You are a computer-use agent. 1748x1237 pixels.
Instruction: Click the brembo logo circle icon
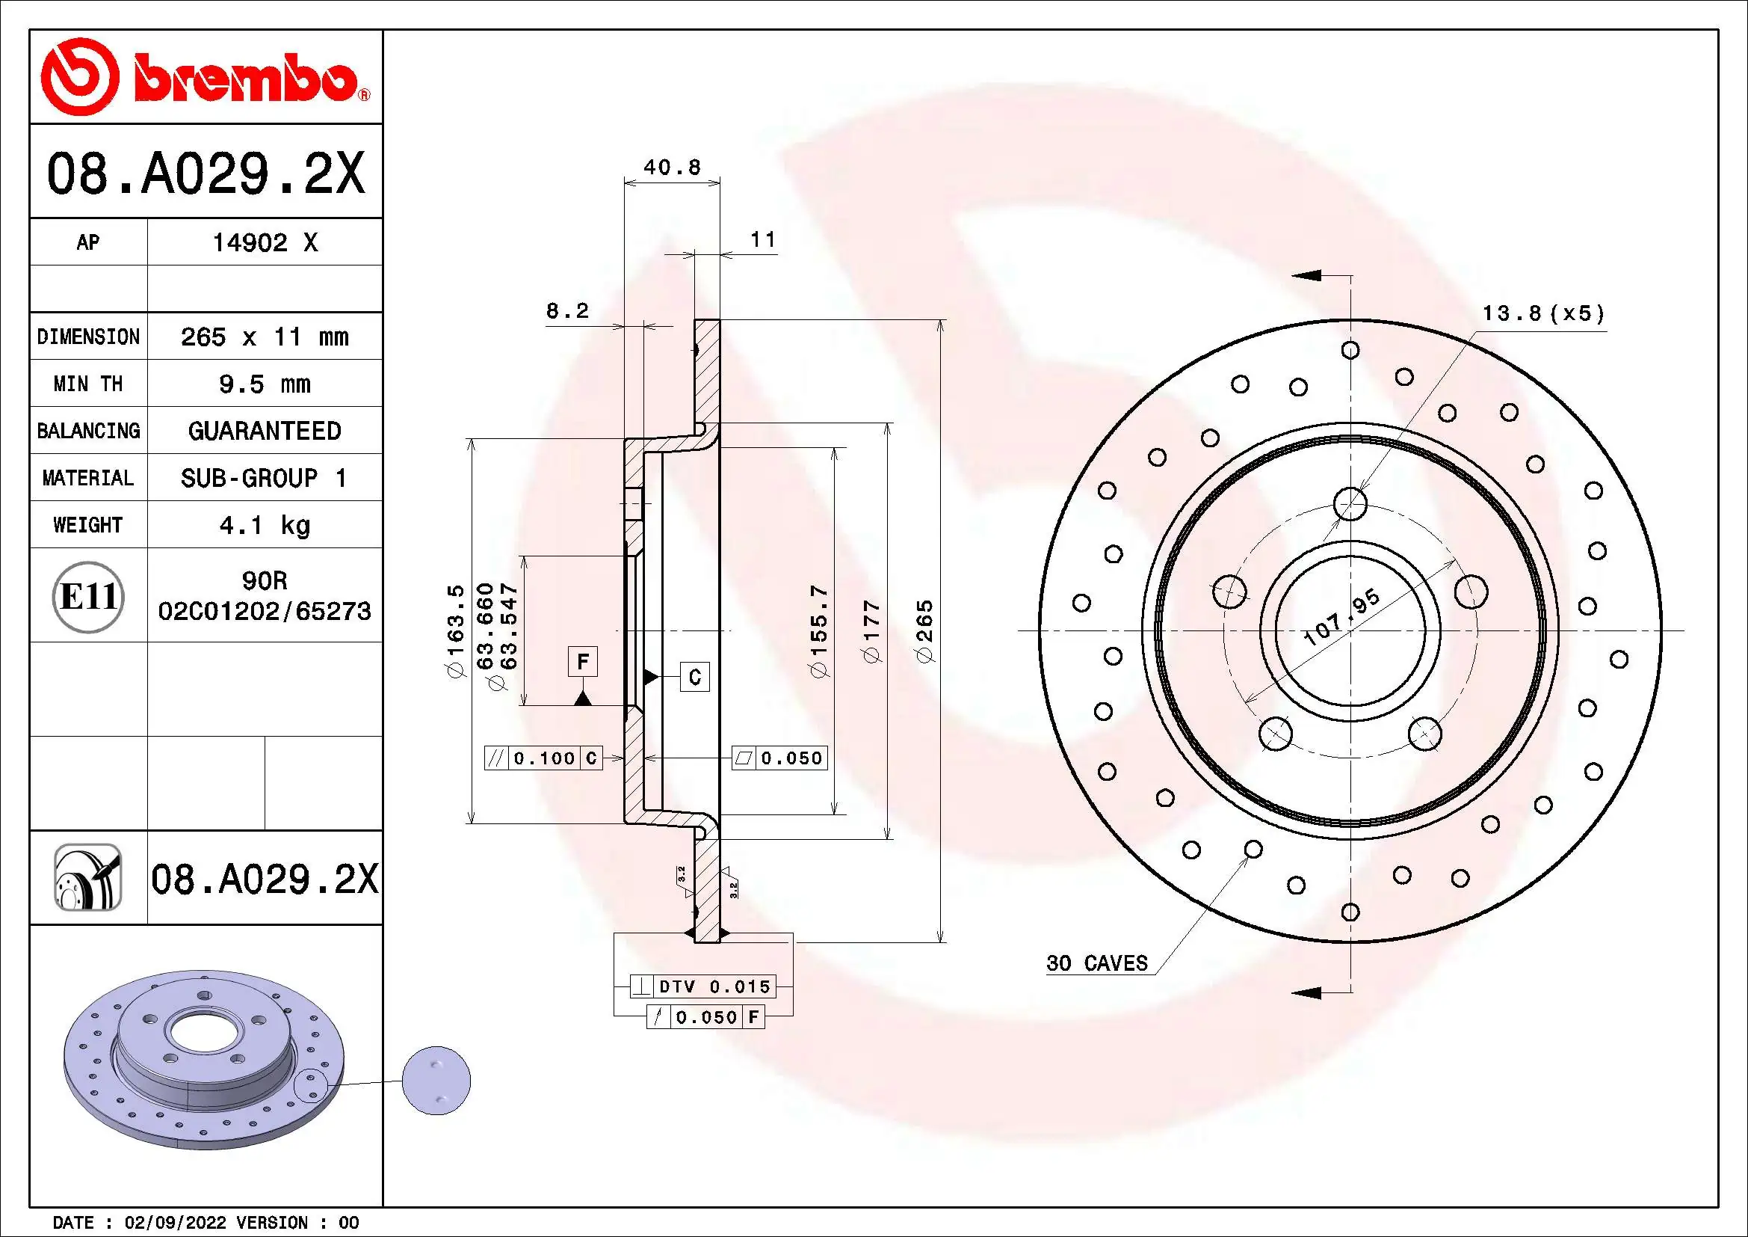click(x=79, y=77)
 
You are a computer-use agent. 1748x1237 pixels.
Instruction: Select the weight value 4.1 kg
click(x=264, y=525)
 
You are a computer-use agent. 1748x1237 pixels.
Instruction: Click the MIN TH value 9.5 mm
click(x=264, y=384)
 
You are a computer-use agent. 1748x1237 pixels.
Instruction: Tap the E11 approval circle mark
click(x=88, y=596)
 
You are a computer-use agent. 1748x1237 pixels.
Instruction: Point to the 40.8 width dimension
click(x=672, y=167)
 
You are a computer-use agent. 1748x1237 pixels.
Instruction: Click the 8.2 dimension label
click(x=567, y=311)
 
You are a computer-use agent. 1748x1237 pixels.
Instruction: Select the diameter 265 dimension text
click(x=924, y=631)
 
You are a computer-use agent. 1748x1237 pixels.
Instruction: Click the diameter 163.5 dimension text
click(x=455, y=631)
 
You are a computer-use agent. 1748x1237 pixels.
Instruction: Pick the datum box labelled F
click(x=582, y=661)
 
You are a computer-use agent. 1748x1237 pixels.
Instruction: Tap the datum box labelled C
click(x=694, y=676)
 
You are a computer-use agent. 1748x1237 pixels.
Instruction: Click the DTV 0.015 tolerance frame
click(x=702, y=986)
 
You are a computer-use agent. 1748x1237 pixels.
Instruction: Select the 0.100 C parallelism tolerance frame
click(x=543, y=758)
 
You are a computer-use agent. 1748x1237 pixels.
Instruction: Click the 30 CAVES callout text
click(x=1096, y=963)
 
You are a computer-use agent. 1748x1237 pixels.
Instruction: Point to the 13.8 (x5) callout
click(x=1542, y=313)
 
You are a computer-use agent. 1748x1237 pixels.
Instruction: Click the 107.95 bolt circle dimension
click(x=1341, y=618)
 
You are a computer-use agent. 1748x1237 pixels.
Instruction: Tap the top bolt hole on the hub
click(x=1350, y=504)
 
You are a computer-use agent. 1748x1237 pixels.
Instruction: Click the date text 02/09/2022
click(x=175, y=1223)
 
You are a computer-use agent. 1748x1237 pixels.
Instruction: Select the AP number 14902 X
click(x=264, y=242)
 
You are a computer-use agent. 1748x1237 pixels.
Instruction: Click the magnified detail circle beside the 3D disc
click(x=437, y=1080)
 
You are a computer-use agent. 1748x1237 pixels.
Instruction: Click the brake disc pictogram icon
click(x=88, y=877)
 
